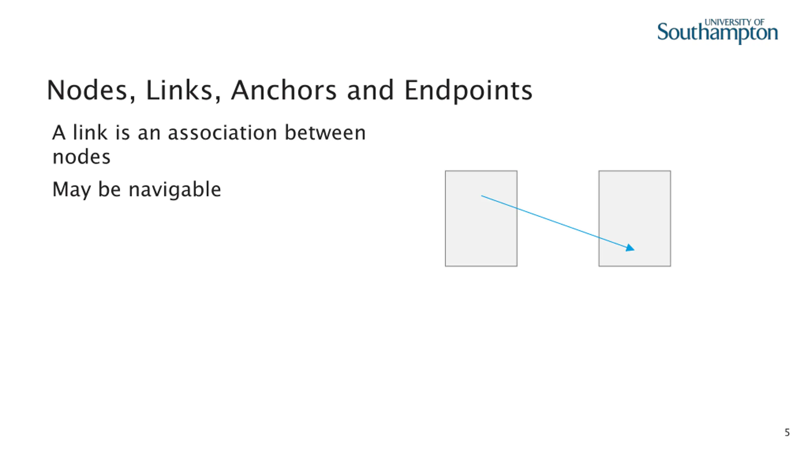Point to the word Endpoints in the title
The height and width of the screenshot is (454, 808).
pyautogui.click(x=468, y=91)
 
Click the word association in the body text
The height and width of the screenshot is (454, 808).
pyautogui.click(x=223, y=133)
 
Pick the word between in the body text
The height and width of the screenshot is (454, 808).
pyautogui.click(x=325, y=133)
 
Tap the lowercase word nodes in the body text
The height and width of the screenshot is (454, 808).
pyautogui.click(x=81, y=157)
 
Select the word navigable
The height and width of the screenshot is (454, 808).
pyautogui.click(x=175, y=190)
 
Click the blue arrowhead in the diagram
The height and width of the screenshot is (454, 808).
pyautogui.click(x=630, y=248)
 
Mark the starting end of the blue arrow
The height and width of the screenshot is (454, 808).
pyautogui.click(x=482, y=196)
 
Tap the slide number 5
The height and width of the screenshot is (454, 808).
pyautogui.click(x=787, y=433)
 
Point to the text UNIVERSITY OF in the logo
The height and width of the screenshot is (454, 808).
pyautogui.click(x=734, y=22)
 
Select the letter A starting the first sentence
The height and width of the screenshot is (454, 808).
pyautogui.click(x=59, y=133)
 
